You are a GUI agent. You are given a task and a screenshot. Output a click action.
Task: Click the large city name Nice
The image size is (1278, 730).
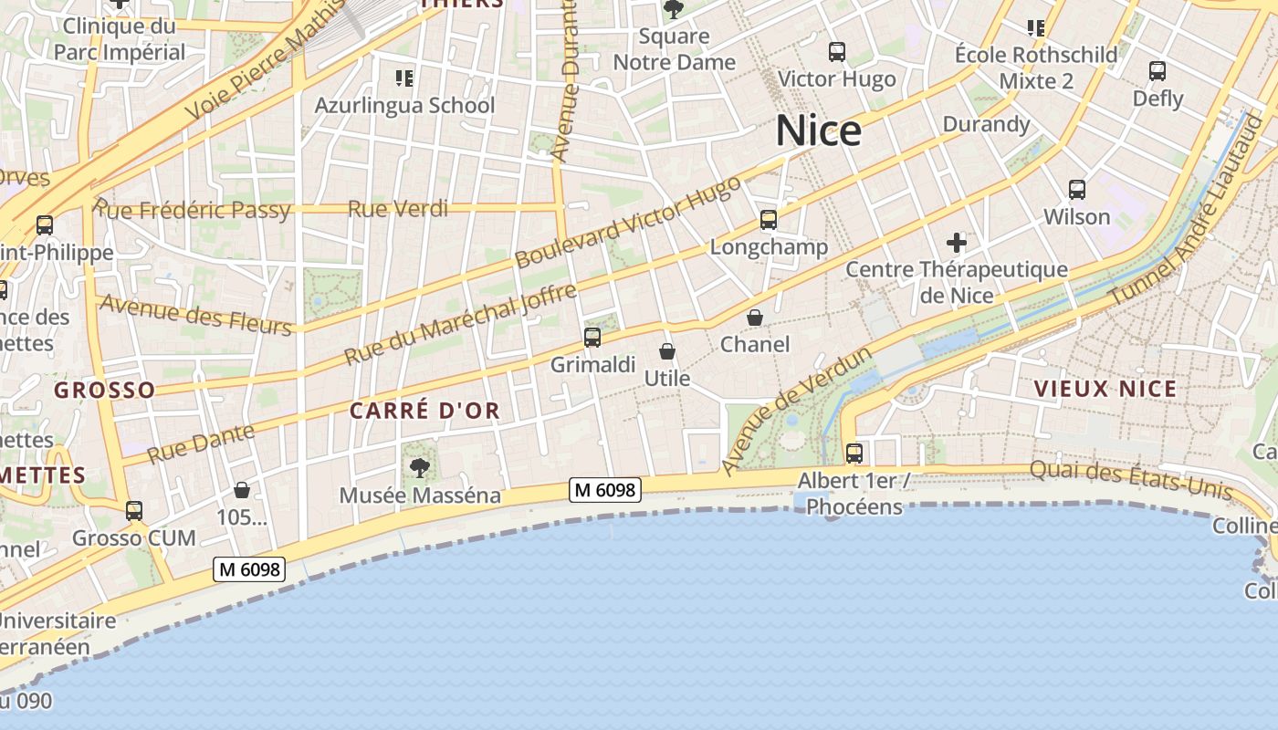818,131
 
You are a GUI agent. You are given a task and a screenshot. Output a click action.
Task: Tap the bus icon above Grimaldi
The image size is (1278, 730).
592,338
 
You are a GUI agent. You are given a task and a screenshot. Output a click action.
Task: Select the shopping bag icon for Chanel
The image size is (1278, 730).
755,318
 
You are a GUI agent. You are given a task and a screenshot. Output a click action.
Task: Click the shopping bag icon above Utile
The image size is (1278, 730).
667,351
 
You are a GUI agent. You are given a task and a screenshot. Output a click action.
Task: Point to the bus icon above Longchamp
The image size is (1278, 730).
769,220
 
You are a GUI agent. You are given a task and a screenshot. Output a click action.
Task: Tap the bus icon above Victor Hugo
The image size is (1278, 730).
837,52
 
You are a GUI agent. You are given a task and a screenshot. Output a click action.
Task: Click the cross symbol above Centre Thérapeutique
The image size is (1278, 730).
957,243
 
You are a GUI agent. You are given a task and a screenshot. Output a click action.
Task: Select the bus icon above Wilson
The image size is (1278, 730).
1077,190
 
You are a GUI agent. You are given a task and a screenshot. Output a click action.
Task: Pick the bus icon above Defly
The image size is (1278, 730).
1158,70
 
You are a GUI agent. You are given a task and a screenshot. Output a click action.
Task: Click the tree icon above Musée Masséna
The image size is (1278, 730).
420,468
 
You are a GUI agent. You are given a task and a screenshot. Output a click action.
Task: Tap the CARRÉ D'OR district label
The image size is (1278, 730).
425,411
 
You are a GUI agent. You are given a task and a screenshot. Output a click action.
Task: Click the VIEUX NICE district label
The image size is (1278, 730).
1105,389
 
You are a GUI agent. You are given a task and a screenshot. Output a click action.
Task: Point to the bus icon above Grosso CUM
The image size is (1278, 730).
134,511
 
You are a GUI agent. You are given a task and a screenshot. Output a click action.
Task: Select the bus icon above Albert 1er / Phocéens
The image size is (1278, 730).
854,453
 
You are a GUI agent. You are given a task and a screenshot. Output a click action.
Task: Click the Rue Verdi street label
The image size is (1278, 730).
398,209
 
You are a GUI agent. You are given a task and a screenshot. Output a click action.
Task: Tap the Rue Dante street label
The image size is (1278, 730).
201,442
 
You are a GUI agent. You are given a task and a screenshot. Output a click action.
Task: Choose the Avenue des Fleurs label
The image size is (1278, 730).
195,315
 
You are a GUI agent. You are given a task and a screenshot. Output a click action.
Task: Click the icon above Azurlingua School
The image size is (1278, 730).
403,78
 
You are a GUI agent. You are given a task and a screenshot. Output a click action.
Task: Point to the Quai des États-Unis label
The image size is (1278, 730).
1131,481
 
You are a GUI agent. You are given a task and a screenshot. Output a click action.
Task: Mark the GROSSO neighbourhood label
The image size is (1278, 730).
104,391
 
